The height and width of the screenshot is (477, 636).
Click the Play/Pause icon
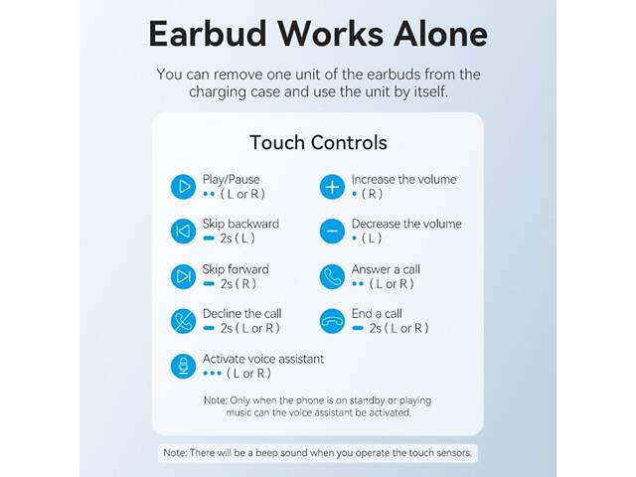[x=182, y=186]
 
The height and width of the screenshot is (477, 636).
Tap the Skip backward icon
[x=182, y=232]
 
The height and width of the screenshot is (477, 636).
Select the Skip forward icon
[x=182, y=276]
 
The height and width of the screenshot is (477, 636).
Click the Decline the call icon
[x=182, y=321]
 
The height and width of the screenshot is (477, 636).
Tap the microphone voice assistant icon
[x=182, y=366]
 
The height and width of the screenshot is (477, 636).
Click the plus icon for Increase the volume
[x=331, y=186]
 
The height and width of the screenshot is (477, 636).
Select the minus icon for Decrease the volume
[x=331, y=232]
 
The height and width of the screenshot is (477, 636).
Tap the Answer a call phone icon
[x=331, y=276]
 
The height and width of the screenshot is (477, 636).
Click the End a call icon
[x=331, y=321]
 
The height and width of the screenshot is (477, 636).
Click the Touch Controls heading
[x=318, y=142]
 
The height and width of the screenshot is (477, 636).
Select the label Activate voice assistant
[x=263, y=359]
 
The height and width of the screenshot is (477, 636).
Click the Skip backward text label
[x=240, y=224]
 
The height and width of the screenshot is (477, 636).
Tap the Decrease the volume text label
[x=406, y=224]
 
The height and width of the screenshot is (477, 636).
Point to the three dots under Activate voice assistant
[x=211, y=374]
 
